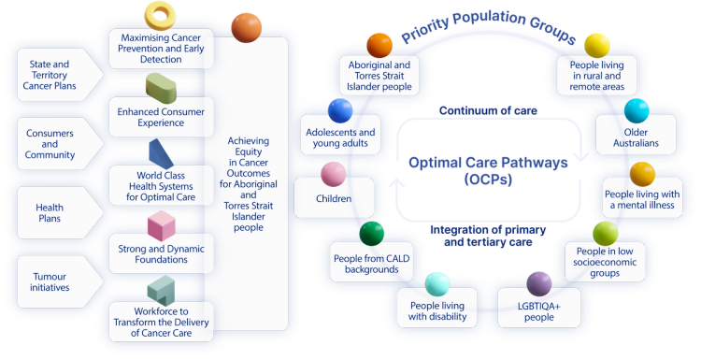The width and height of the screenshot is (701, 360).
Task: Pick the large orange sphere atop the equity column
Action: coord(246,28)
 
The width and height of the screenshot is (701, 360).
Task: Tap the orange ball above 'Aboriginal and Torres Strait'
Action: coord(379,44)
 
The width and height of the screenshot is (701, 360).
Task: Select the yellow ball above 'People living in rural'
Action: coord(596,44)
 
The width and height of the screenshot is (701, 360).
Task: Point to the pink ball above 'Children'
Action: coord(334,174)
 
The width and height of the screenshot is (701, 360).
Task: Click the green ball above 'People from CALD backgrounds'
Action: coord(372,233)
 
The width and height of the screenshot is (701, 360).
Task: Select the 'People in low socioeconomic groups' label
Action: coord(605,262)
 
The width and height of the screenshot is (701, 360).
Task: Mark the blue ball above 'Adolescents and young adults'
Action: coord(340,111)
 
